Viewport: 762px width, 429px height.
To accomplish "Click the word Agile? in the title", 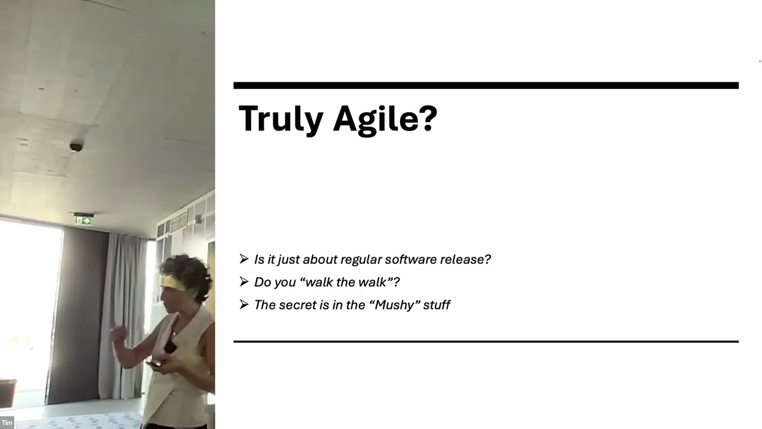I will coord(385,119).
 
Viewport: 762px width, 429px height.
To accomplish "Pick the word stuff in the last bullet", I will coord(438,304).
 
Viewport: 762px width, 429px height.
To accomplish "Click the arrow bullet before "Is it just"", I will coord(244,259).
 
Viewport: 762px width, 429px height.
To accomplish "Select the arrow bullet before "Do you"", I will coord(244,281).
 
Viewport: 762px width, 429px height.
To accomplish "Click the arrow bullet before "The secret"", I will coord(244,304).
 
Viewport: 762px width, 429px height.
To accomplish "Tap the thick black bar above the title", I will coord(486,86).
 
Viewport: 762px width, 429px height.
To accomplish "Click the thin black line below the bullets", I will coord(486,341).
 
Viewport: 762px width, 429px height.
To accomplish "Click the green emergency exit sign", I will coord(84,220).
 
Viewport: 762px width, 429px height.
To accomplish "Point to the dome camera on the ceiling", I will coord(76,147).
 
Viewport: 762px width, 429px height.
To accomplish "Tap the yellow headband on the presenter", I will coord(173,282).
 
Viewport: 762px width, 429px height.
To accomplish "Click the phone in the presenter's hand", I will coord(155,363).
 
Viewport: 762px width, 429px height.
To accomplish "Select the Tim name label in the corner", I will coord(7,423).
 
